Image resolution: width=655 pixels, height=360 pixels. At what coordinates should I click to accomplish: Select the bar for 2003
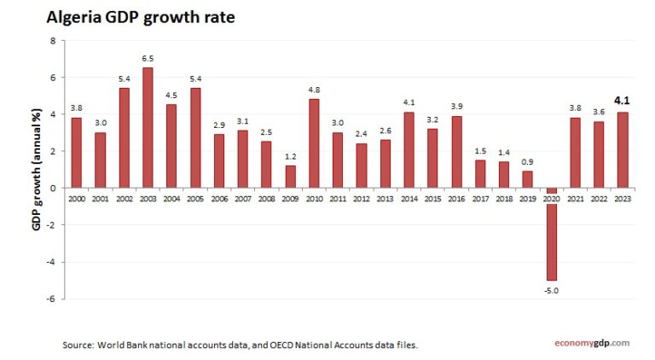pyautogui.click(x=148, y=127)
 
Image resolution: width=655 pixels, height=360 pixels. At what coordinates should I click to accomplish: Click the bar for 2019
pyautogui.click(x=527, y=178)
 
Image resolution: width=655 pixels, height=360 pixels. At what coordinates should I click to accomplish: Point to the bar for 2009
pyautogui.click(x=290, y=176)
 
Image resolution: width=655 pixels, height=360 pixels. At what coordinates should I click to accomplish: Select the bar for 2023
pyautogui.click(x=623, y=149)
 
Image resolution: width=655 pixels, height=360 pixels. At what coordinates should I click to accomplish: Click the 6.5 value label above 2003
pyautogui.click(x=148, y=59)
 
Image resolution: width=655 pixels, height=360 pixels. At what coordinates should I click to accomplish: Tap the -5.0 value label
pyautogui.click(x=551, y=291)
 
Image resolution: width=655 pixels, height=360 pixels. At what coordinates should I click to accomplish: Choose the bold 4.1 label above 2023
pyautogui.click(x=623, y=100)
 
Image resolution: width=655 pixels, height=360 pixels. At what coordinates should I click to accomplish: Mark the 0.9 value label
pyautogui.click(x=527, y=162)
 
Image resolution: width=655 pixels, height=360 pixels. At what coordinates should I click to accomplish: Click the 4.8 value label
pyautogui.click(x=314, y=90)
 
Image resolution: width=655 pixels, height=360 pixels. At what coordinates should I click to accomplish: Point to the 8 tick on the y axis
pyautogui.click(x=53, y=41)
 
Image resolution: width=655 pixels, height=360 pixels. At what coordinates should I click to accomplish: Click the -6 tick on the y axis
pyautogui.click(x=50, y=299)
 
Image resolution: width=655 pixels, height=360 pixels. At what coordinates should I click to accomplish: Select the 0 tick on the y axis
pyautogui.click(x=53, y=188)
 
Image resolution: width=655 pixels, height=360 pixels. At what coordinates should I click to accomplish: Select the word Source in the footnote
pyautogui.click(x=78, y=345)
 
